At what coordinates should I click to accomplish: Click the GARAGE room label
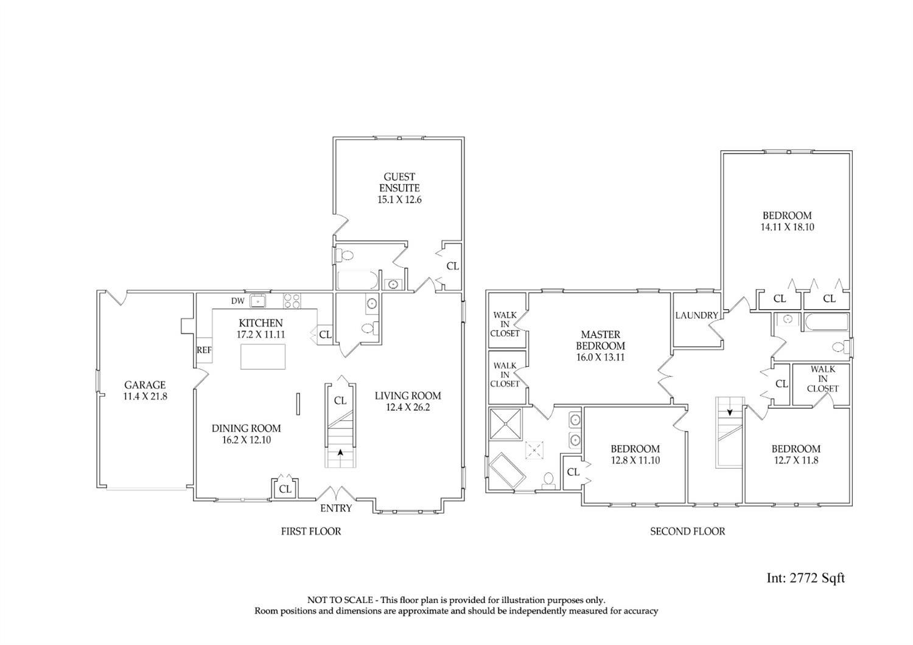(x=145, y=385)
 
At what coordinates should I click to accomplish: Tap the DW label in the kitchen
(x=237, y=301)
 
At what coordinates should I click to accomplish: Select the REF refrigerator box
(x=204, y=350)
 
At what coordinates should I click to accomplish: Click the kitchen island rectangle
(x=262, y=357)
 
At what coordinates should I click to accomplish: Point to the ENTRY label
(x=336, y=508)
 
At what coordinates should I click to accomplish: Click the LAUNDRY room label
(x=696, y=315)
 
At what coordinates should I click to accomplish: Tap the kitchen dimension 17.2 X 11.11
(x=261, y=335)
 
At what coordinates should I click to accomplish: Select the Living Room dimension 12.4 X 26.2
(x=408, y=407)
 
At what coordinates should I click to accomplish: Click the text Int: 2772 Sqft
(x=806, y=578)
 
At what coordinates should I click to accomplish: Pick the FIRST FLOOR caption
(x=311, y=531)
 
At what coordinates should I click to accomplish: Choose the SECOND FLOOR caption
(x=688, y=531)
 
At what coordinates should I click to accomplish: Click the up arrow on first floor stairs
(x=340, y=452)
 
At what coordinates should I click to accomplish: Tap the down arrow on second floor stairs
(x=730, y=413)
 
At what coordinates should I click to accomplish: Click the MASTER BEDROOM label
(x=600, y=340)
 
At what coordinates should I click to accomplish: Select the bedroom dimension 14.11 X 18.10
(x=788, y=227)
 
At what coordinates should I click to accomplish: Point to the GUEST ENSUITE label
(x=399, y=182)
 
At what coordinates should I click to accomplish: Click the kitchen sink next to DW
(x=257, y=301)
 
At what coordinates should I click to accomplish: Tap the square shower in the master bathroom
(x=505, y=424)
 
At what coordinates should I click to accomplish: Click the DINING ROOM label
(x=246, y=428)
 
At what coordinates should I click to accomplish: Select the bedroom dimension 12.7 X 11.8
(x=796, y=461)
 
